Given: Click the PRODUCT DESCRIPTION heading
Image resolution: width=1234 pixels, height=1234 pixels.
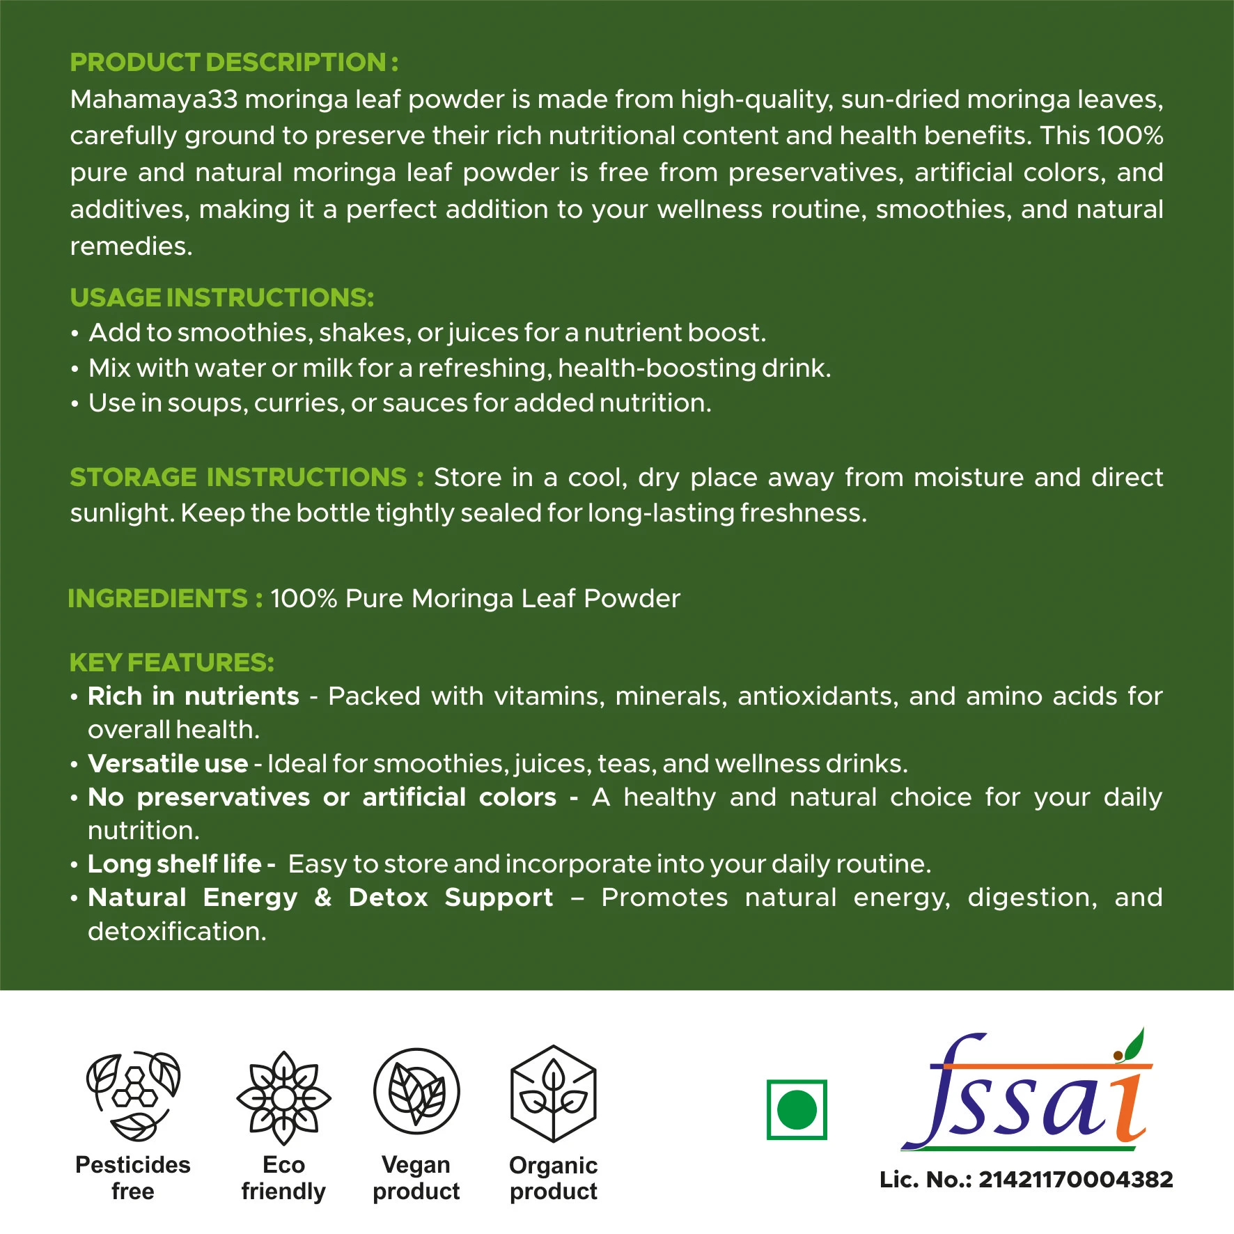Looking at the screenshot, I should (x=234, y=63).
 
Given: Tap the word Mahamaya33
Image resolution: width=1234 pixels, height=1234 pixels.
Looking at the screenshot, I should (x=154, y=100).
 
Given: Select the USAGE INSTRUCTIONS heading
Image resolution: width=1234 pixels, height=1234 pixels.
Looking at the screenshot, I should (x=222, y=298).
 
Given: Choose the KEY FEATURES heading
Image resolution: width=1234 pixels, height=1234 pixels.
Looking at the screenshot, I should (x=172, y=662).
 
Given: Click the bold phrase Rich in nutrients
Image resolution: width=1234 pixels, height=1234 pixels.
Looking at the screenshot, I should (x=194, y=696).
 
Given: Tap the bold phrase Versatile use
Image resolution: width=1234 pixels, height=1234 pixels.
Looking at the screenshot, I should (x=168, y=764).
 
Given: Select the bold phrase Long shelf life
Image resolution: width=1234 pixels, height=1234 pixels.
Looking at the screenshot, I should (x=175, y=864).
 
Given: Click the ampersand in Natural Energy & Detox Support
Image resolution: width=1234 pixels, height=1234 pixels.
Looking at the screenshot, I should (x=322, y=898).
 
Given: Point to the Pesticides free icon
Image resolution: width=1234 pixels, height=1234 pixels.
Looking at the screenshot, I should (x=133, y=1097).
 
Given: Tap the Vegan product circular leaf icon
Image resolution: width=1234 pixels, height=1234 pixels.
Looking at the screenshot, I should (x=416, y=1092).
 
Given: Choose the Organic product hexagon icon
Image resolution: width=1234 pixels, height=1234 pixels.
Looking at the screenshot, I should (x=554, y=1093).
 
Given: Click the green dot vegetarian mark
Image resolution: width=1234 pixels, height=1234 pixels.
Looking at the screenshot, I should (x=797, y=1109).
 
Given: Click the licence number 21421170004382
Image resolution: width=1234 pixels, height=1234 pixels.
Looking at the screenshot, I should (x=1076, y=1180).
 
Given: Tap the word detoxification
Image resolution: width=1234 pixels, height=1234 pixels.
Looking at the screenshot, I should (x=177, y=932).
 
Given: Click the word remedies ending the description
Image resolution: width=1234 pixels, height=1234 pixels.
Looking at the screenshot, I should (x=131, y=247).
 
